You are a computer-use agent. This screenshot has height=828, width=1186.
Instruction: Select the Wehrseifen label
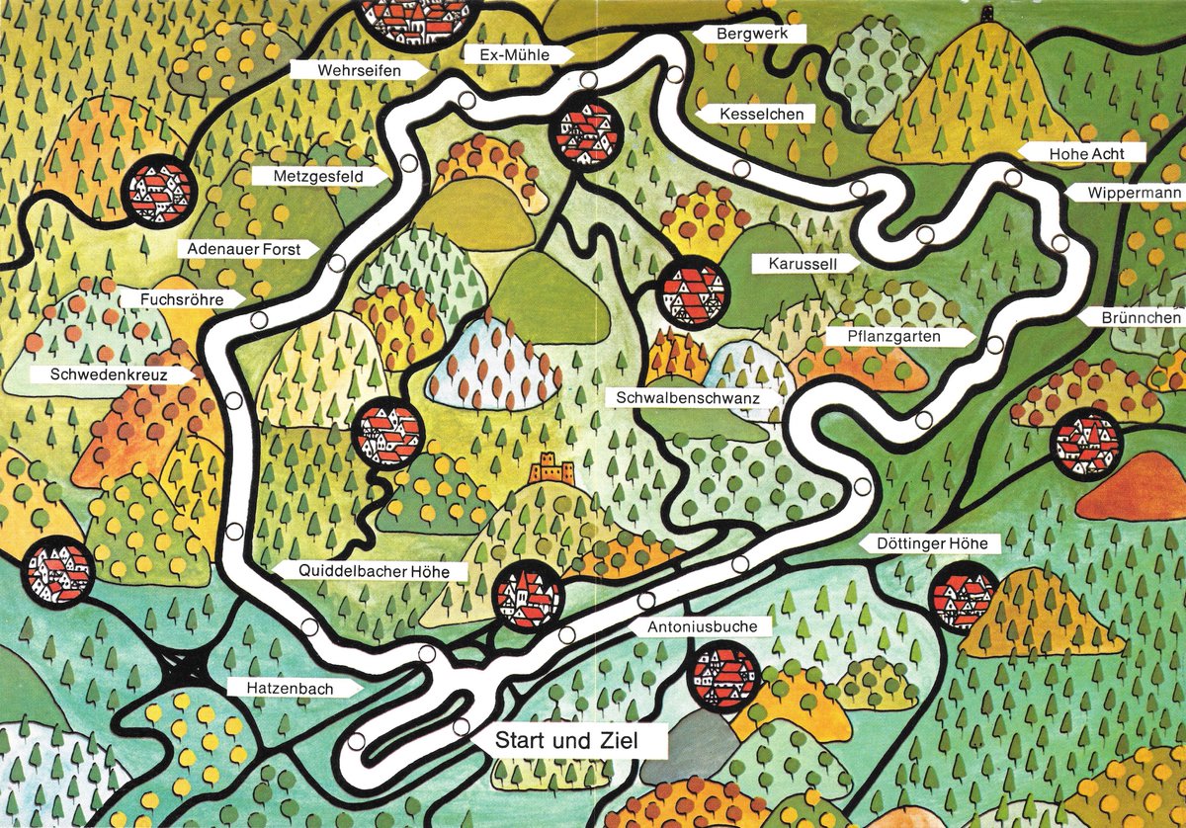pos(359,70)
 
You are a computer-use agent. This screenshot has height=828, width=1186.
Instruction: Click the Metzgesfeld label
pos(320,176)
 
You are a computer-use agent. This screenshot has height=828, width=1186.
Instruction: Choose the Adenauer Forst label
pos(246,250)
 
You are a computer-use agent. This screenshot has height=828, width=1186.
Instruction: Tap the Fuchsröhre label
pos(182,298)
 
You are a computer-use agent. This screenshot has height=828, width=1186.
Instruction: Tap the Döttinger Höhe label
pos(918,544)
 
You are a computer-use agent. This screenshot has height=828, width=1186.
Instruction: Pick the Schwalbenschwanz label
pos(685,397)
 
